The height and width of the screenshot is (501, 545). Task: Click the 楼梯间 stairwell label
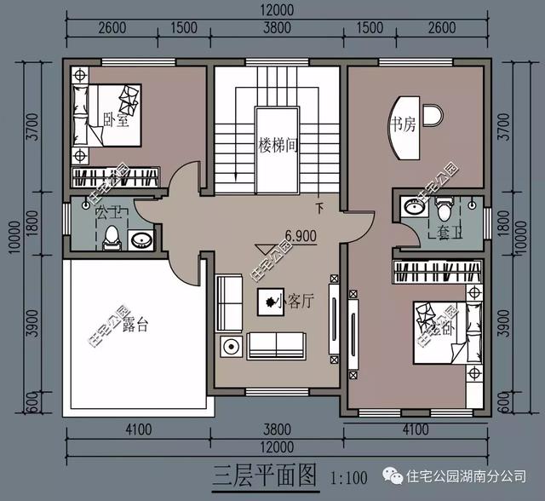point(278,146)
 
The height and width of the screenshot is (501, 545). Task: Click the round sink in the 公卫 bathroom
point(141,240)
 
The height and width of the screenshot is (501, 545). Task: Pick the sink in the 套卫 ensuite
point(415,207)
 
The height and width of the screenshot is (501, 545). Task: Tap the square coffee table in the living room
point(268,301)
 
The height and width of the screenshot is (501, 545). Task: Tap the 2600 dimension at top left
point(112,27)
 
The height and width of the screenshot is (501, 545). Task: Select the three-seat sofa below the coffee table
point(276,346)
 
